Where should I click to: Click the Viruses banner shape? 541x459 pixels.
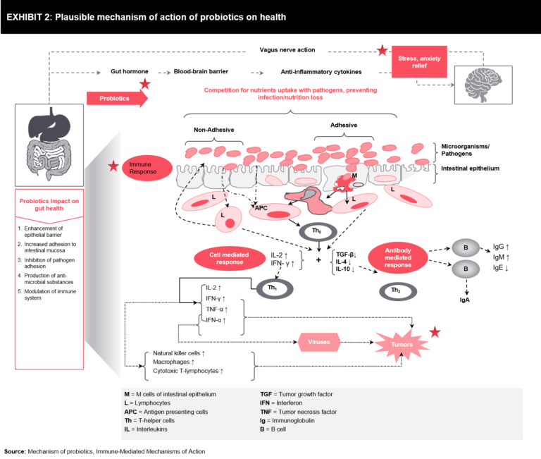tap(319, 342)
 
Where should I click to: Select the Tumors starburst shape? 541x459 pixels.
tap(399, 343)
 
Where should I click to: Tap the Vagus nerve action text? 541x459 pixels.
tap(286, 50)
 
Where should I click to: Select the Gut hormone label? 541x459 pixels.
tap(128, 71)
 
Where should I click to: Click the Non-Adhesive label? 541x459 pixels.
tap(213, 130)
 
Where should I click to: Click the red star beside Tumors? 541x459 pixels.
tap(435, 331)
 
